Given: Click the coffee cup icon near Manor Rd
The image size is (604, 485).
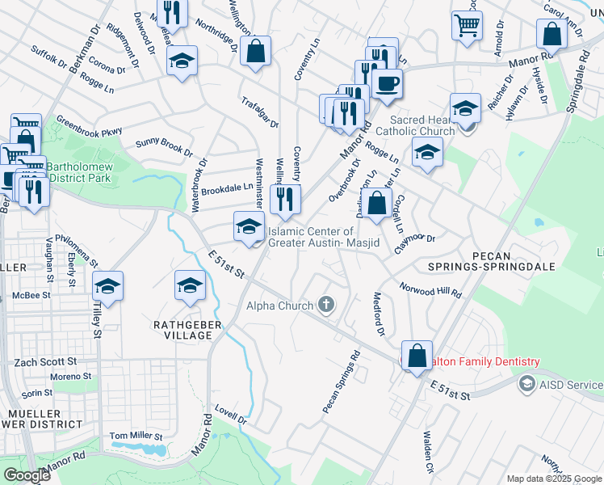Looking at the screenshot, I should [387, 83].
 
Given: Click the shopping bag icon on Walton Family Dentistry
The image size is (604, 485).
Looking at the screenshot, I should [417, 356].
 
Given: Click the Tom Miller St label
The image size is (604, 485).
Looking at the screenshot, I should [136, 436].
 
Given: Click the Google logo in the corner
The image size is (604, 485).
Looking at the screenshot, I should [27, 475].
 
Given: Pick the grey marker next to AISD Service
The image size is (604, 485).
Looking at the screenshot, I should [527, 382].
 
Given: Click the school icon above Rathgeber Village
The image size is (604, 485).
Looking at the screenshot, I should [190, 285].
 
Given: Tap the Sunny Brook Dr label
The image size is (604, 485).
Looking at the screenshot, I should [165, 146].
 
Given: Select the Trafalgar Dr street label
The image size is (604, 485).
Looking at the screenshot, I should [259, 112].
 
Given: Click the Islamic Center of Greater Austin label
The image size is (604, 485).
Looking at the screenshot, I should [322, 237].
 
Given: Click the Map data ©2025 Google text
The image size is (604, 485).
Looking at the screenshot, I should [553, 479].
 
